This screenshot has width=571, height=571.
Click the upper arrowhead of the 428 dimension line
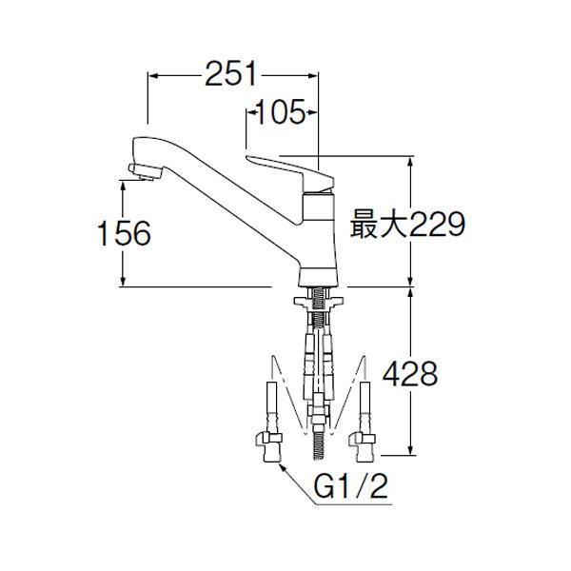click(x=410, y=290)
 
